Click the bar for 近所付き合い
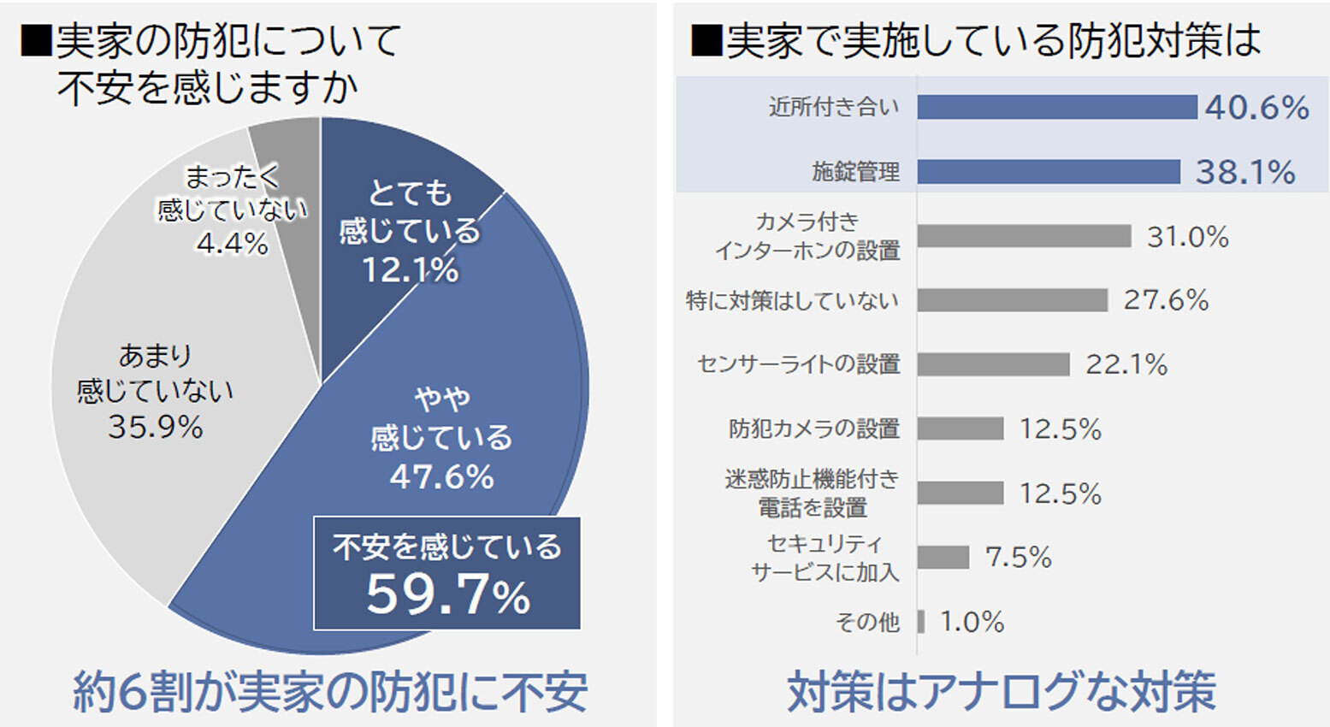pos(1056,107)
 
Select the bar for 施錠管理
pos(1048,171)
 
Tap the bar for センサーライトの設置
pos(993,364)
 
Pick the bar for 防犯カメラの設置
pos(960,429)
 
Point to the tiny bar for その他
pos(921,622)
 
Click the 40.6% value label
pos(1256,108)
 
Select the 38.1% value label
pos(1244,172)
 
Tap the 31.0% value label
pos(1187,236)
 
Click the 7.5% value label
pos(1018,558)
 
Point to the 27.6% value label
pos(1166,300)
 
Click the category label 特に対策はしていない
pos(792,301)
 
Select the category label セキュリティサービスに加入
pos(825,558)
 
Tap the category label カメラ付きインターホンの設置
pos(807,236)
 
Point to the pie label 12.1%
pos(410,270)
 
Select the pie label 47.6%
pos(441,476)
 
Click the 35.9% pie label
pos(155,427)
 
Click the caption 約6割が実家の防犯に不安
pos(330,692)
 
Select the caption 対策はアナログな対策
pos(1001,692)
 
